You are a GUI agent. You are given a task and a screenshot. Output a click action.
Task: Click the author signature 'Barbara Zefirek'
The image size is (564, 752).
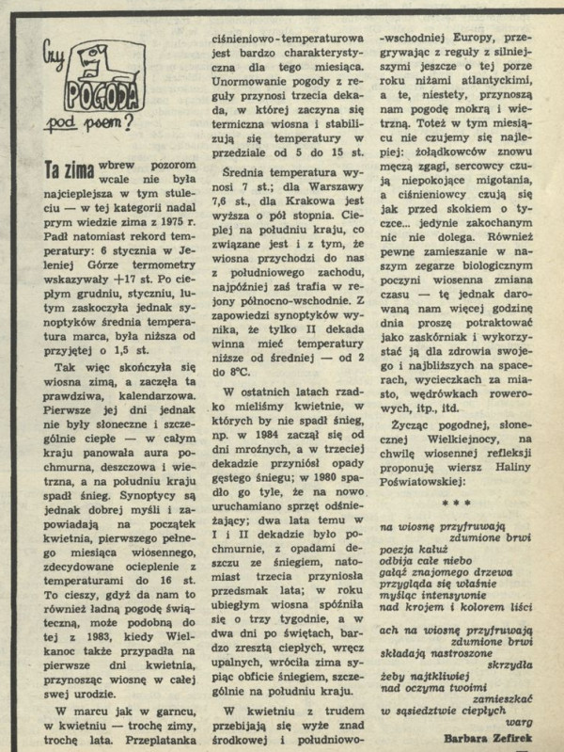click(x=496, y=740)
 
